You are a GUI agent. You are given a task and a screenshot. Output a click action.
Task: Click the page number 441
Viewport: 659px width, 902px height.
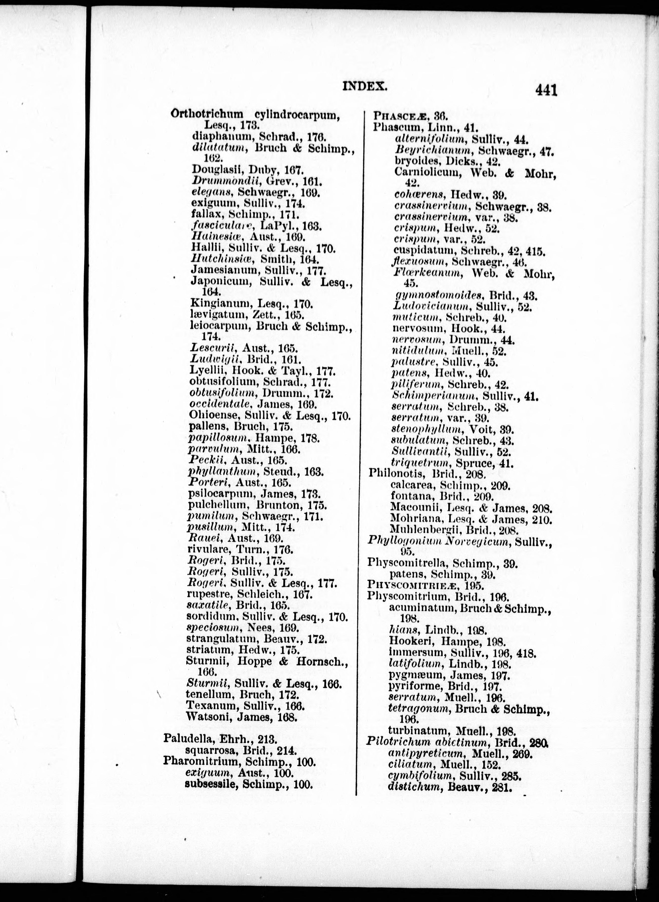[546, 90]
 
